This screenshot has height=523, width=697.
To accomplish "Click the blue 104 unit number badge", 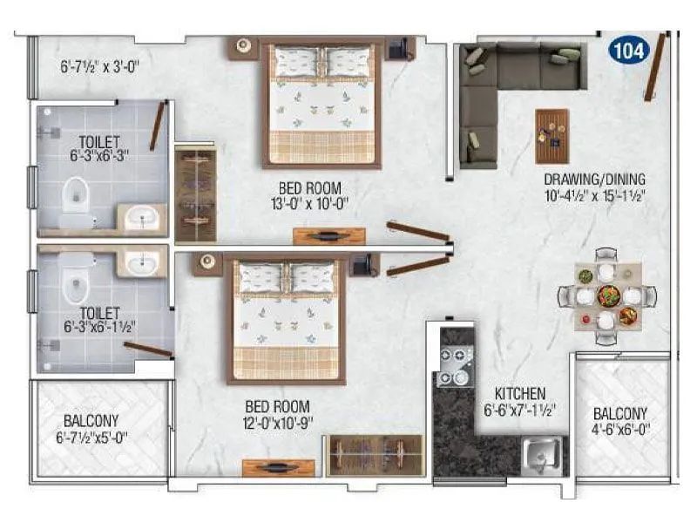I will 629,50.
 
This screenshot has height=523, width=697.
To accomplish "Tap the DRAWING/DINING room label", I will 592,181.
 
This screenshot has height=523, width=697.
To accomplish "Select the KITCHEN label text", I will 519,393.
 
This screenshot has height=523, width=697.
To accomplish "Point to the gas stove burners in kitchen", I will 453,366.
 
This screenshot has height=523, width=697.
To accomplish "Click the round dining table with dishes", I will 606,295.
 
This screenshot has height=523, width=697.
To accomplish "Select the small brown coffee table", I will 552,136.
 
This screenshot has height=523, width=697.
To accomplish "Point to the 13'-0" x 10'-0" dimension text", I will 309,204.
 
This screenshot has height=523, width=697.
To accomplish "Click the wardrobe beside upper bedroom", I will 195,194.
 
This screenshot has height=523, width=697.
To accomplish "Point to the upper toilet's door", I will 157,126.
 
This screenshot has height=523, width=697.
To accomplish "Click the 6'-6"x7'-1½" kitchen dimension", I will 520,409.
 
